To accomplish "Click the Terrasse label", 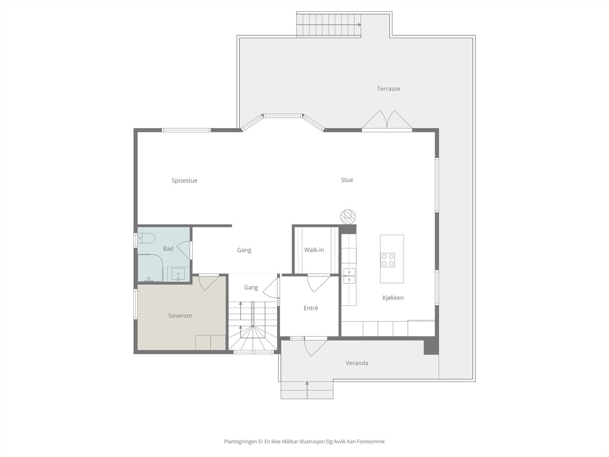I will pyautogui.click(x=388, y=89).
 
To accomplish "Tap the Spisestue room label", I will pyautogui.click(x=184, y=181).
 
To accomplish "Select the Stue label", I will pyautogui.click(x=347, y=180).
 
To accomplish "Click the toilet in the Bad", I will pyautogui.click(x=146, y=238).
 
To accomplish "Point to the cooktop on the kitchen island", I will pyautogui.click(x=388, y=260).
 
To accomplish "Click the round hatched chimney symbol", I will pyautogui.click(x=348, y=216).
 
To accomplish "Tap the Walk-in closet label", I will pyautogui.click(x=314, y=250).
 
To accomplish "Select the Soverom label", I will pyautogui.click(x=180, y=316).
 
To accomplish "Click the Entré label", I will pyautogui.click(x=311, y=308).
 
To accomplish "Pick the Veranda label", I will pyautogui.click(x=357, y=363).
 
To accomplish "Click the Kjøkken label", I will pyautogui.click(x=393, y=298).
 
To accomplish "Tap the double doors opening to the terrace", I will pyautogui.click(x=387, y=120).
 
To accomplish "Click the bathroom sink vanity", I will pyautogui.click(x=178, y=274).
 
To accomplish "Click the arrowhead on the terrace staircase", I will pyautogui.click(x=359, y=25).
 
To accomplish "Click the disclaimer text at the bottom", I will pyautogui.click(x=304, y=442).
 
